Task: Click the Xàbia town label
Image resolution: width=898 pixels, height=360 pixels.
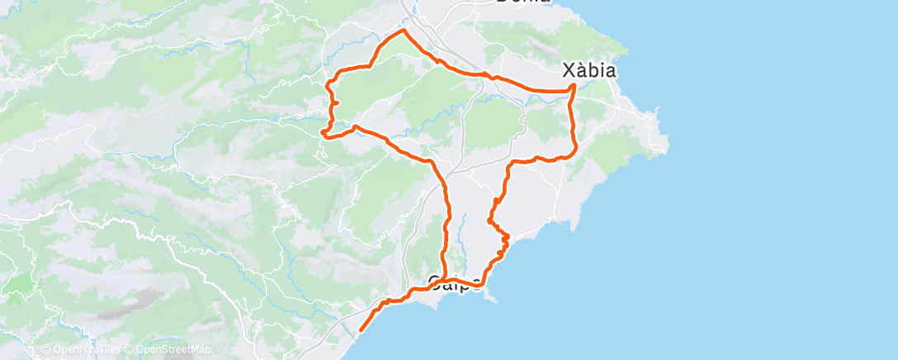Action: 587,71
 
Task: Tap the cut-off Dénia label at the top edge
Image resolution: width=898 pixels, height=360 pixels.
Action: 523,2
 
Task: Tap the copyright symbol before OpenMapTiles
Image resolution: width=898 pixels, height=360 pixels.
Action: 45,349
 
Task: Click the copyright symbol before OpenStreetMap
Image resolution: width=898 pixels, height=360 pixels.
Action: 128,349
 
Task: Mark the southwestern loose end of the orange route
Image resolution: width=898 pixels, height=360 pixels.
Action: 362,331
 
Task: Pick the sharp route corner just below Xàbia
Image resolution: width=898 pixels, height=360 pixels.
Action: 574,86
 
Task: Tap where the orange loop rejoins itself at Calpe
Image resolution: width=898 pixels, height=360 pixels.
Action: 445,278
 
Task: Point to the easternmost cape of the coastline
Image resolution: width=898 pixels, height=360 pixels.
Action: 665,149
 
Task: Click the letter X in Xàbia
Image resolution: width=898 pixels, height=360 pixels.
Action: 565,71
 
